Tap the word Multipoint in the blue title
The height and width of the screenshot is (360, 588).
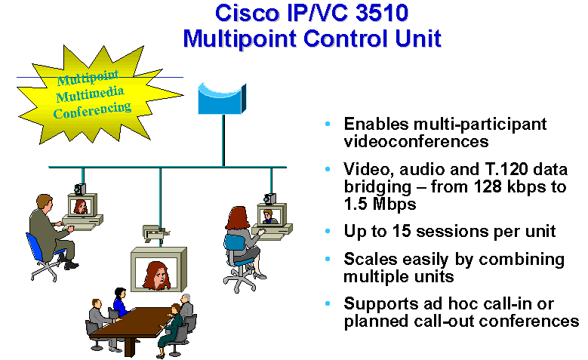(x=240, y=39)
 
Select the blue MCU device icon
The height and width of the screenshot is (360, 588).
(x=222, y=98)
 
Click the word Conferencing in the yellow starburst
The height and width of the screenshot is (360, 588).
(x=92, y=110)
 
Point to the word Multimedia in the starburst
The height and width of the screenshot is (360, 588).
(x=90, y=94)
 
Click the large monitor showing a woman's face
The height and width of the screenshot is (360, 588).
(x=159, y=269)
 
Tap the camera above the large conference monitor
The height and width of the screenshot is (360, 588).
(x=156, y=233)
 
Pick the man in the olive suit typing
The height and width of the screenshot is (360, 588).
(x=51, y=231)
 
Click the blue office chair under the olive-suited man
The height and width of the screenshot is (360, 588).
(x=42, y=259)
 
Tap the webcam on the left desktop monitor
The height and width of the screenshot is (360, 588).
(x=80, y=189)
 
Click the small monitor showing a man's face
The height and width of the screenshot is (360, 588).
(x=272, y=215)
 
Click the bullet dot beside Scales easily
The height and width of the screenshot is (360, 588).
(x=328, y=259)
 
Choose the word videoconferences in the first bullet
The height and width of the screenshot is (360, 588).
(x=416, y=142)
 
